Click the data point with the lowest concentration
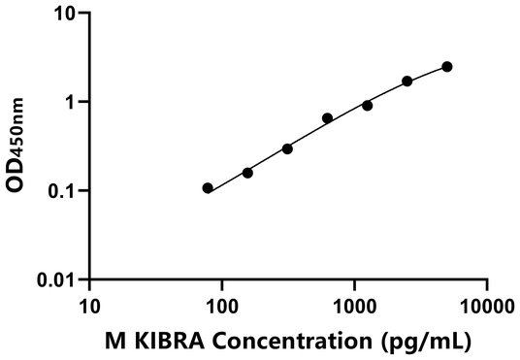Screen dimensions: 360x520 coord(208,187)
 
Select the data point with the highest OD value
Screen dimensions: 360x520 coord(447,67)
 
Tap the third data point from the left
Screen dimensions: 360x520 coord(287,148)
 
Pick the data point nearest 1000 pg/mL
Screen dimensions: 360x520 coord(367,105)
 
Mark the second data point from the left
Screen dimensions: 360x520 coord(247,173)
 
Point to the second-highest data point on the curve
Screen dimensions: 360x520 coord(407,82)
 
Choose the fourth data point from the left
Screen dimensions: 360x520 coord(327,118)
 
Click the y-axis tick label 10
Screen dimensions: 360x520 coord(63,14)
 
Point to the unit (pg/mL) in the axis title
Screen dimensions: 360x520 coord(420,341)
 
